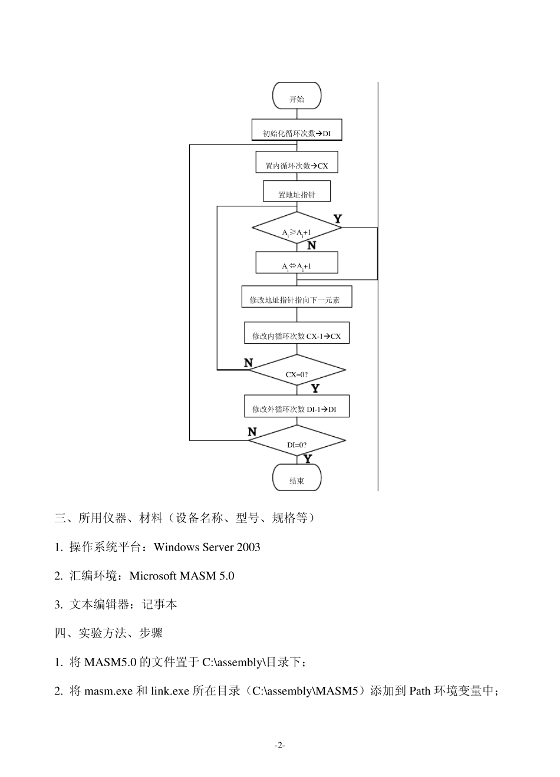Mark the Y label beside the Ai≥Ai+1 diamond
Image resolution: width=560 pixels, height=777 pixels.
point(338,219)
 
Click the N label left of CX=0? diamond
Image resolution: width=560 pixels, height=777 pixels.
point(249,363)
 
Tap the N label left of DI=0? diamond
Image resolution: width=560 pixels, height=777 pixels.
point(252,432)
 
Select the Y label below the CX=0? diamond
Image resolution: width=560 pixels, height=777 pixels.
point(315,388)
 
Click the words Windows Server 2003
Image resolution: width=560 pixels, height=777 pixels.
point(207,547)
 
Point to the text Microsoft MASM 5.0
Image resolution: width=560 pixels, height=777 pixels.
point(182,576)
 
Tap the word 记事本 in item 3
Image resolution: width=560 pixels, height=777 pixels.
point(160,604)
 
